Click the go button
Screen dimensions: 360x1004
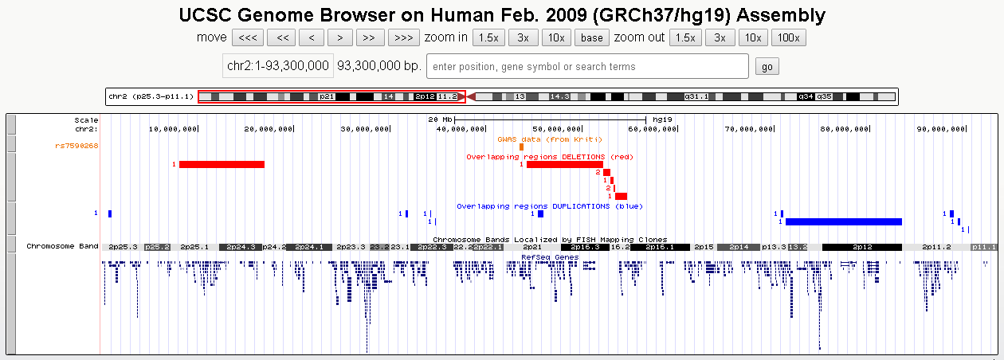pyautogui.click(x=767, y=67)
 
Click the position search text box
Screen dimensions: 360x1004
pyautogui.click(x=587, y=67)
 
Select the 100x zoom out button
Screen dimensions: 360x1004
pyautogui.click(x=789, y=37)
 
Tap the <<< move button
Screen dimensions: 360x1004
pyautogui.click(x=247, y=37)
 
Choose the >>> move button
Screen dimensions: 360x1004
pyautogui.click(x=404, y=37)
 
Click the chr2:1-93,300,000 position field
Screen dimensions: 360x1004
pyautogui.click(x=278, y=66)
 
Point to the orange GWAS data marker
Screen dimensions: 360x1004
pyautogui.click(x=521, y=147)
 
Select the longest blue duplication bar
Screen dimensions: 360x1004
pyautogui.click(x=844, y=221)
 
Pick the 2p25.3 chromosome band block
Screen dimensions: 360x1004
pyautogui.click(x=123, y=247)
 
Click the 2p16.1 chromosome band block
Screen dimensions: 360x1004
pyautogui.click(x=660, y=247)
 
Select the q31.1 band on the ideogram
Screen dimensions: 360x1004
pyautogui.click(x=696, y=96)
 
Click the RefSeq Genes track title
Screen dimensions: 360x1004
pyautogui.click(x=549, y=257)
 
